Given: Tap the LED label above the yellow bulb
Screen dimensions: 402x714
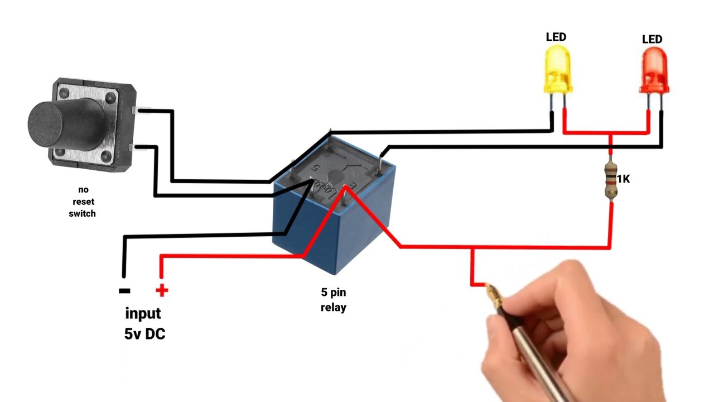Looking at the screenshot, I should click(556, 37).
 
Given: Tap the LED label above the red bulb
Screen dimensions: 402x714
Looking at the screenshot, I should click(652, 39).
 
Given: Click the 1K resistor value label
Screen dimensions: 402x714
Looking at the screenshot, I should click(624, 179).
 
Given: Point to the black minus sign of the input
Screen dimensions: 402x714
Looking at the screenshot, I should click(124, 291).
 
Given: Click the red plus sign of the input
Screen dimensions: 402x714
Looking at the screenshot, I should click(161, 290).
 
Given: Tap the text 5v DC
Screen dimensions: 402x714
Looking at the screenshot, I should click(144, 334).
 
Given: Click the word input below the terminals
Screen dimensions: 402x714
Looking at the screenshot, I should click(143, 313).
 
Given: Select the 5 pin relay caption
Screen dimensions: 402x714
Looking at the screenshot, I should click(333, 300).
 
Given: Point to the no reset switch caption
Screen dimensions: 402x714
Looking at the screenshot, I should click(83, 202).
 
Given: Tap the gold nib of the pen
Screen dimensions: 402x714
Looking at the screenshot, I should click(494, 294).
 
